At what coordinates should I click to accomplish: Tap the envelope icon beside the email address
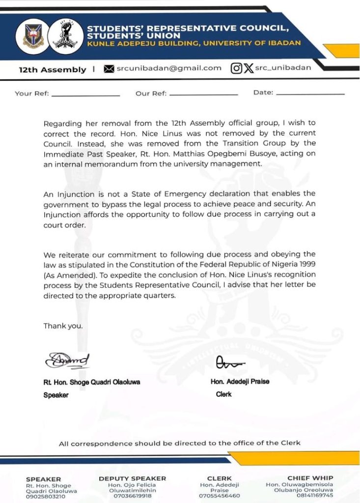109,69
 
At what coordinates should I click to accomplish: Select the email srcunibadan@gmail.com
169,68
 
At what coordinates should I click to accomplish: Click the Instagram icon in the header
236,68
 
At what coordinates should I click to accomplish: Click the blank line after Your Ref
85,94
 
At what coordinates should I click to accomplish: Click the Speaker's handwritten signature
67,360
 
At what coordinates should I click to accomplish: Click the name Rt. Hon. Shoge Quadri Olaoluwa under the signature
91,382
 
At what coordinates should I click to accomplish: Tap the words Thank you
63,326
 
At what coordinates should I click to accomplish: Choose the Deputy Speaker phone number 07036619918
132,496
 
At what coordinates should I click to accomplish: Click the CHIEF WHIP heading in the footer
310,478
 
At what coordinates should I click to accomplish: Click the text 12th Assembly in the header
52,70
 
